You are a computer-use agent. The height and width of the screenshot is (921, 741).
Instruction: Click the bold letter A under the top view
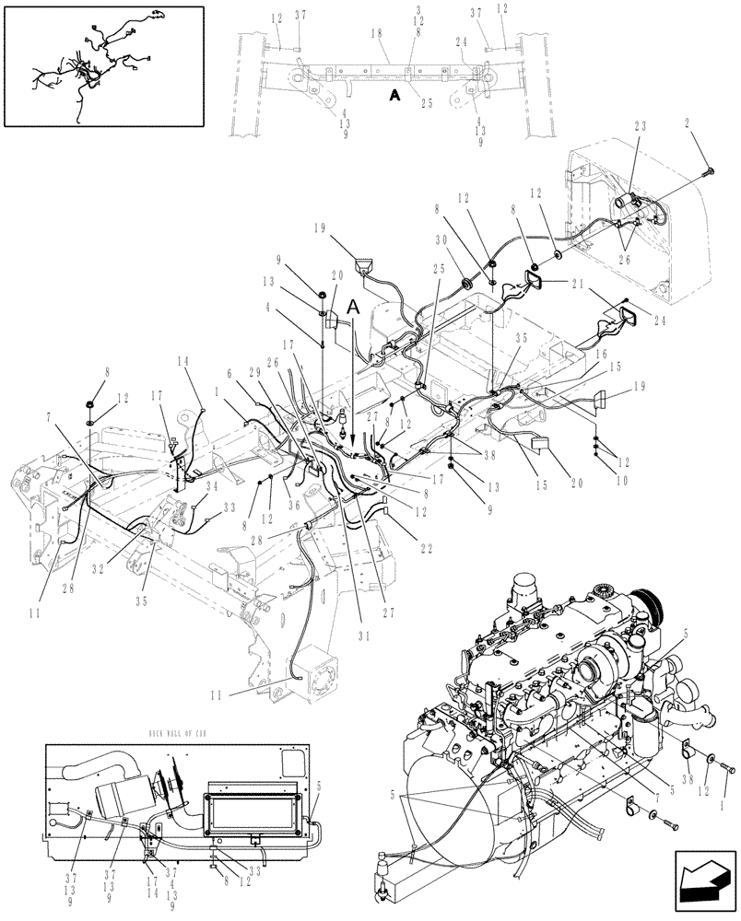point(394,94)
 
